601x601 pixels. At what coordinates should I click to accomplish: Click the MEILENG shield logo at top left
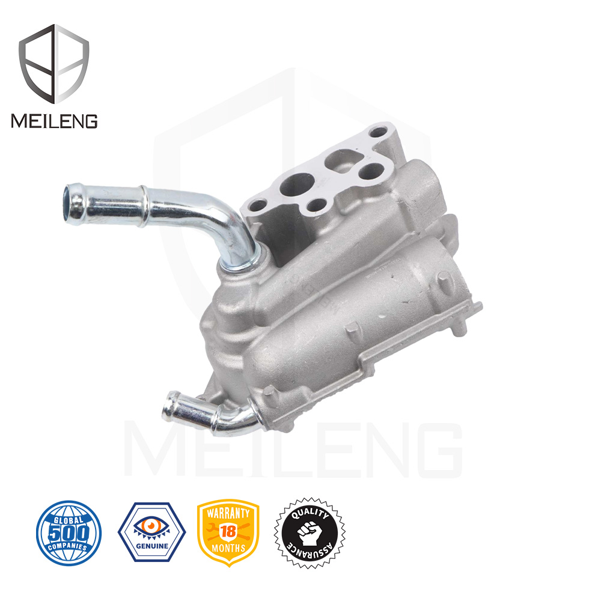tap(54, 64)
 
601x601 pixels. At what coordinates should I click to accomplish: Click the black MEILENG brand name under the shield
tap(54, 121)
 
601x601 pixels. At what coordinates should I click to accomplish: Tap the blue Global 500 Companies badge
tap(69, 532)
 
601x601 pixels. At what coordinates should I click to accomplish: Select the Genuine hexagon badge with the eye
tap(152, 532)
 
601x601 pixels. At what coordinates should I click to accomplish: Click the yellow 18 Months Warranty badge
tap(228, 532)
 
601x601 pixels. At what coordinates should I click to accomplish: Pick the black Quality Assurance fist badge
tap(310, 532)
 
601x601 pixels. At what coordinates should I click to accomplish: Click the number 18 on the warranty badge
tap(228, 532)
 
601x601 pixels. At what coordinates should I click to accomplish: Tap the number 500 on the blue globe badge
tap(69, 533)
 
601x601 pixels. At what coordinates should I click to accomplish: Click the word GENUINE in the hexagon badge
tap(152, 546)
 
